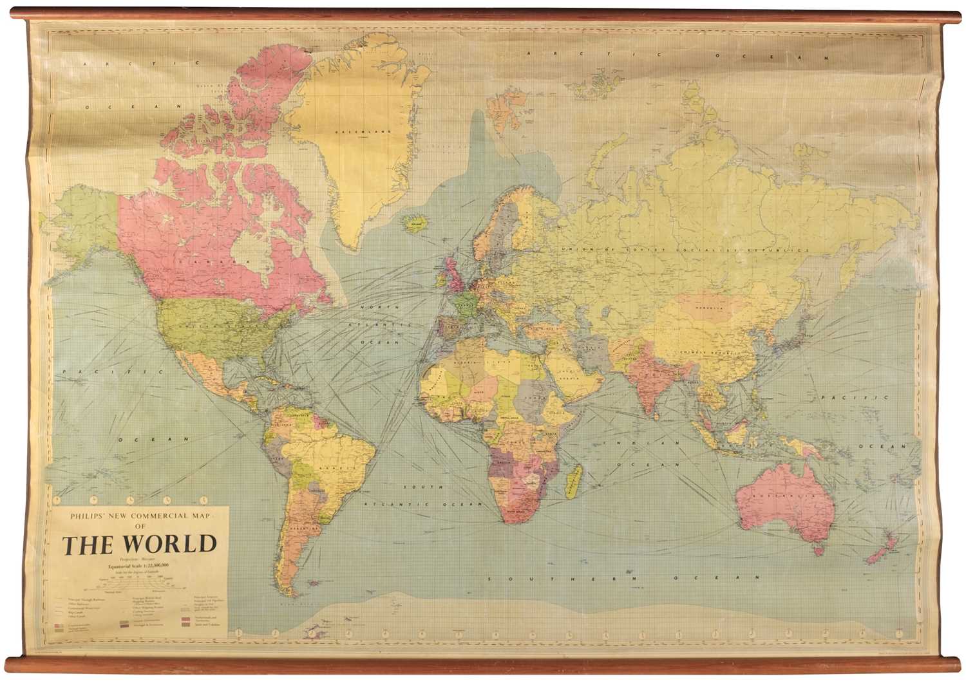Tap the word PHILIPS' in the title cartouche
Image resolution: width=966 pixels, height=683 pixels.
pos(84,516)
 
